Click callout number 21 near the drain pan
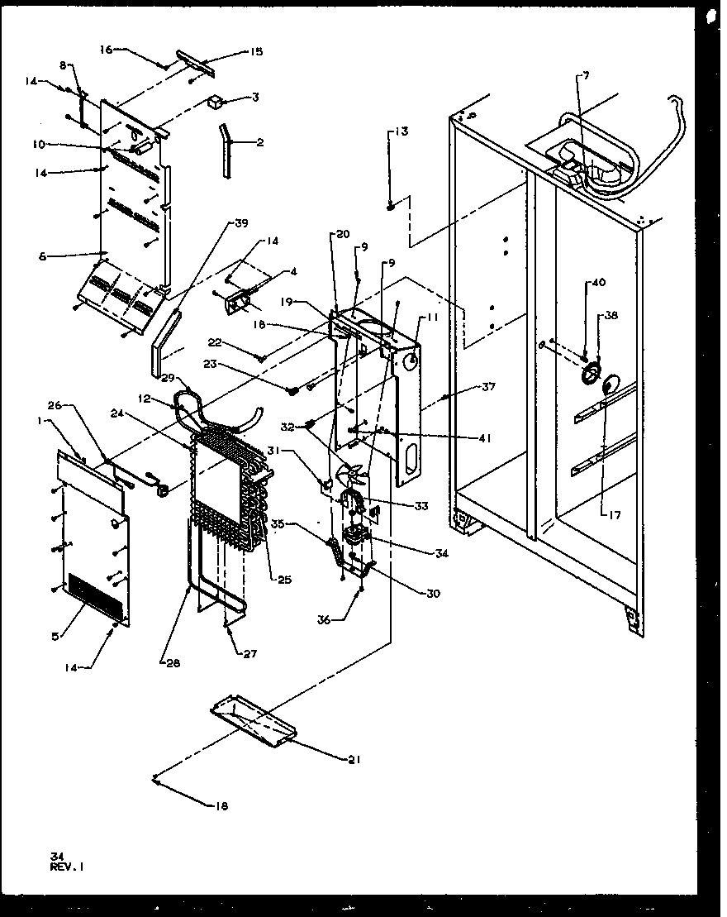click(x=353, y=758)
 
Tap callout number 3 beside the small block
click(x=255, y=97)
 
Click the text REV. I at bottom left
click(x=67, y=867)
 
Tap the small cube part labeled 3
click(x=216, y=103)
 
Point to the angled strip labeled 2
click(x=226, y=149)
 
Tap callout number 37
click(x=489, y=387)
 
